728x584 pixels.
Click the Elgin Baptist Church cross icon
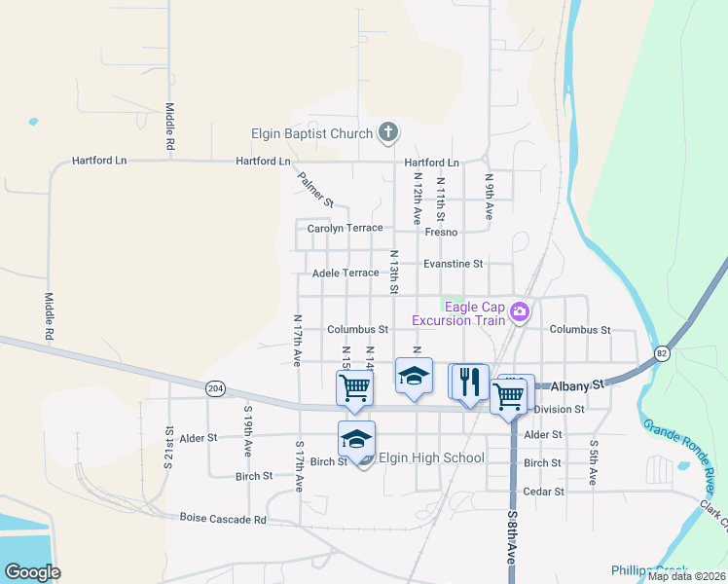[387, 132]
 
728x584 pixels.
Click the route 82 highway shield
[663, 352]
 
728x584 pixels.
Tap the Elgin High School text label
[431, 458]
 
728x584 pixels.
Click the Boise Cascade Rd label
[223, 519]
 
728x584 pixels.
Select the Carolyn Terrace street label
[345, 229]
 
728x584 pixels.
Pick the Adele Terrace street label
[346, 274]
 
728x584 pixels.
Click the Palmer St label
[316, 190]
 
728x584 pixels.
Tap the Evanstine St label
[453, 264]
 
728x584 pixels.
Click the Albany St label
[580, 385]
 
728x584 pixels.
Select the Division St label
[559, 410]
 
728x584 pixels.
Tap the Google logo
[32, 572]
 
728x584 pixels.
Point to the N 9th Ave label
[490, 196]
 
